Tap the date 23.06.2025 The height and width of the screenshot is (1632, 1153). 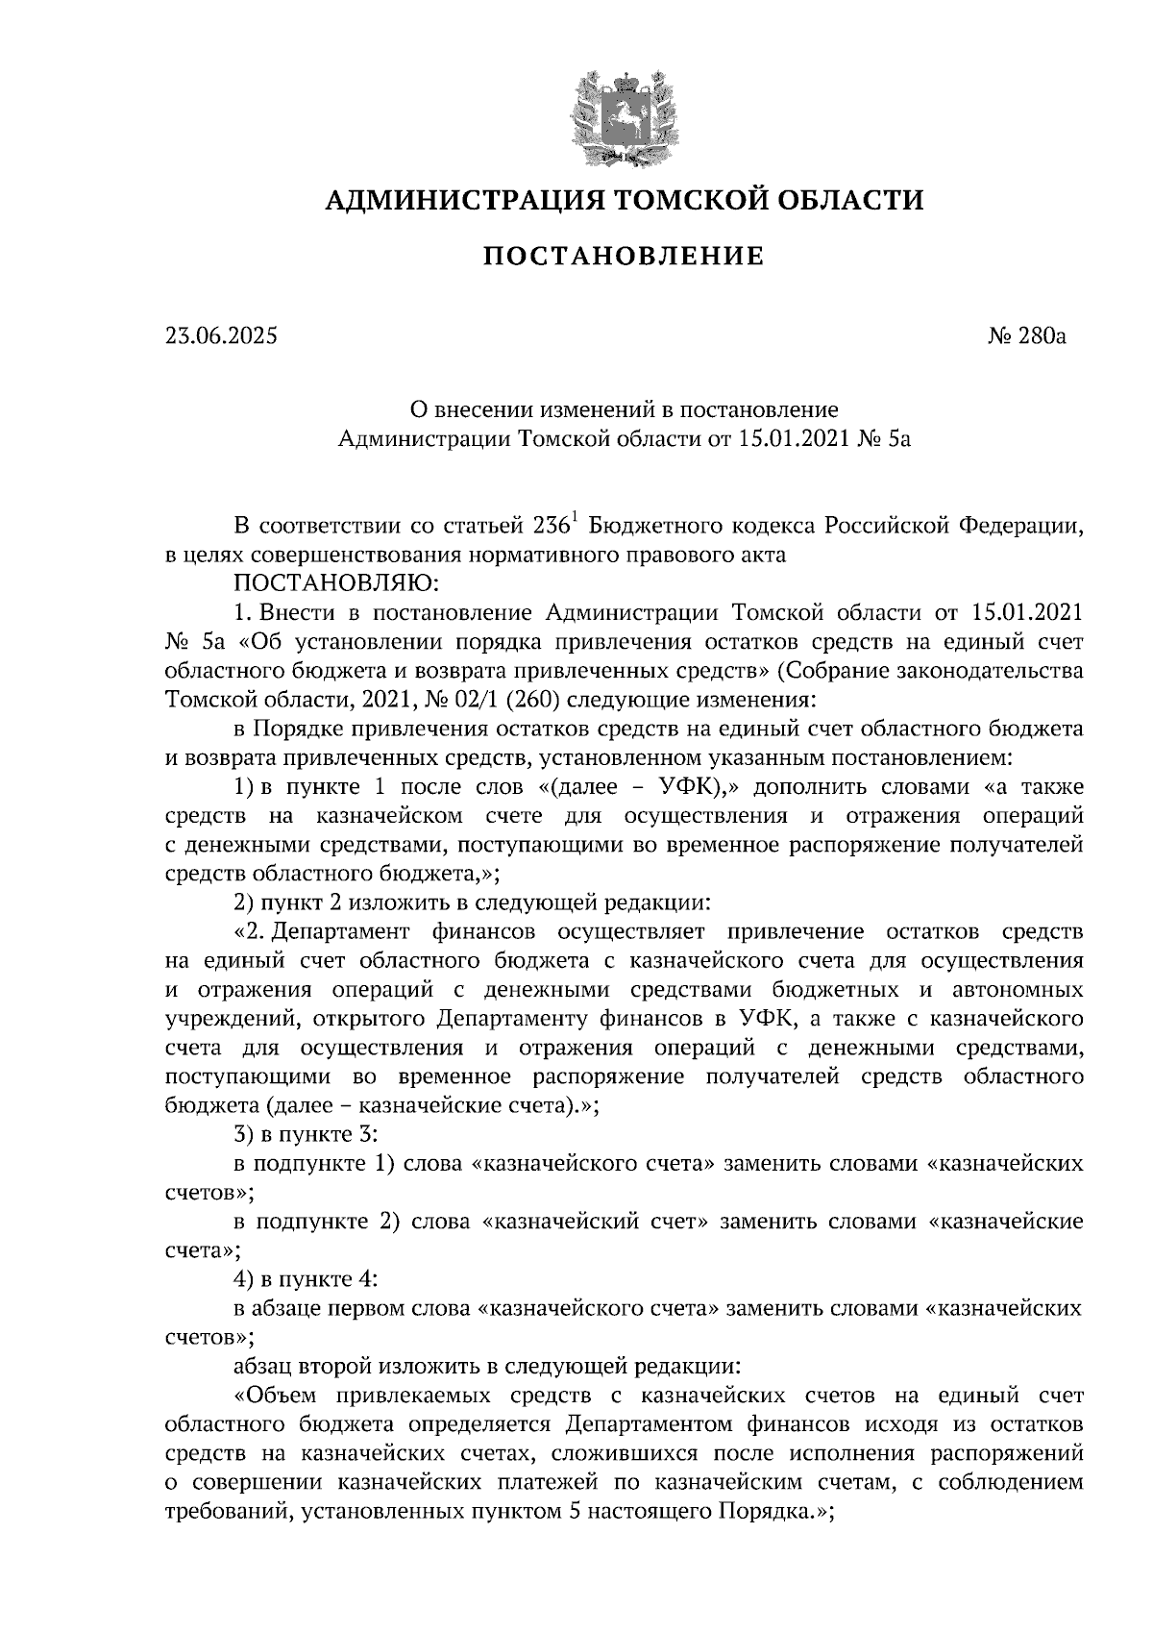(220, 336)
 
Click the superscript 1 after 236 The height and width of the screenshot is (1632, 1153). (576, 520)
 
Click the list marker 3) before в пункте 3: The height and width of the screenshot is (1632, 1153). (246, 1134)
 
